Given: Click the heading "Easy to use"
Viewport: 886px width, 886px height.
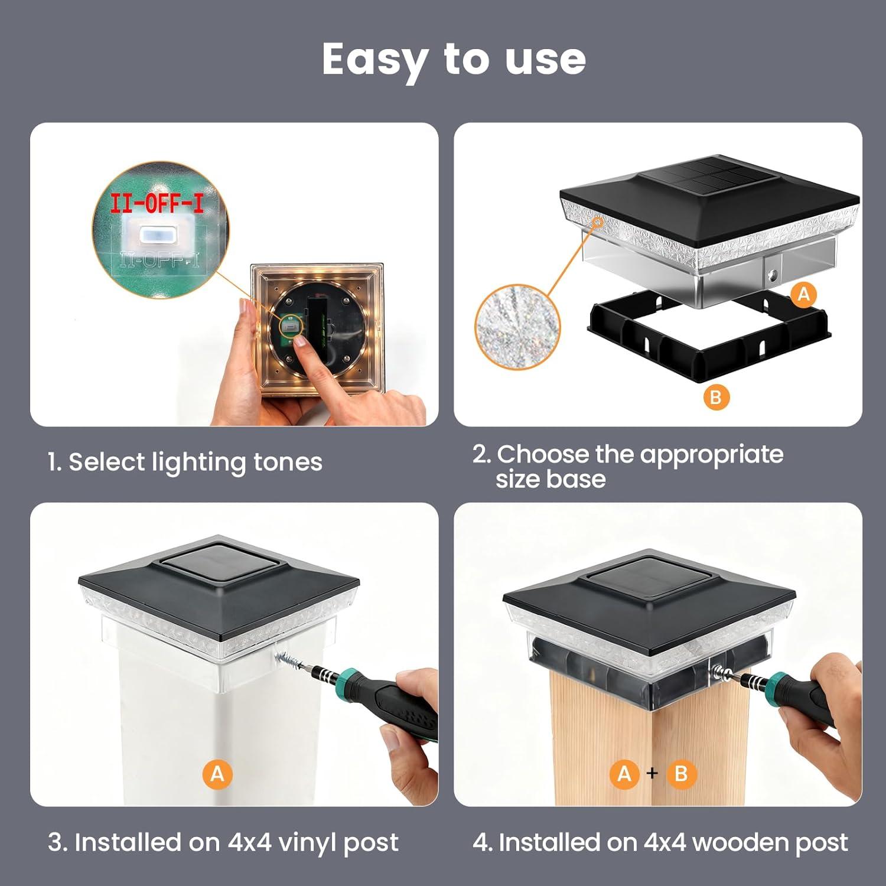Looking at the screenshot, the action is click(454, 59).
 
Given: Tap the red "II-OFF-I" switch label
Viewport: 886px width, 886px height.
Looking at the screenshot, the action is click(157, 203).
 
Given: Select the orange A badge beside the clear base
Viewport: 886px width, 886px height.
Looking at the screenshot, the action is click(803, 294).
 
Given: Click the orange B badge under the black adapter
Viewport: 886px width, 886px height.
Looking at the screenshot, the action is click(716, 397).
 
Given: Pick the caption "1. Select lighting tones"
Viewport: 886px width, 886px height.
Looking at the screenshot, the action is click(185, 462).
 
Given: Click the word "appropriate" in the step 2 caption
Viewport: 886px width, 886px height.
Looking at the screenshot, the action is click(711, 455).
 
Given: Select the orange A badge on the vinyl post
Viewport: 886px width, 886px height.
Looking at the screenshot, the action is click(217, 774).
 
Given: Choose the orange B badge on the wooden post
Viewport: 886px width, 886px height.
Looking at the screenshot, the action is click(681, 774).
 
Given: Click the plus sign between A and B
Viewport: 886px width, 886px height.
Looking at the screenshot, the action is click(652, 773).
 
